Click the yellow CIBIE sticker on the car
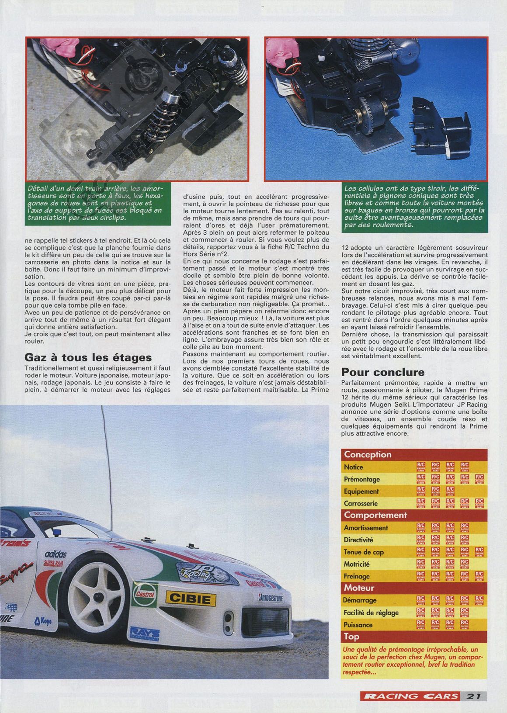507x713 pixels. point(190,598)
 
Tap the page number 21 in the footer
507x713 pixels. point(473,696)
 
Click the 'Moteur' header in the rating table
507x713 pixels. point(360,588)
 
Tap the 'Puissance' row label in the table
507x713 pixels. point(358,625)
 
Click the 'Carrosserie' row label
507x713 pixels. point(361,503)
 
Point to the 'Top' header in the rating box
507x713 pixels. point(351,637)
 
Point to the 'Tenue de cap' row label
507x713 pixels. point(364,552)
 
